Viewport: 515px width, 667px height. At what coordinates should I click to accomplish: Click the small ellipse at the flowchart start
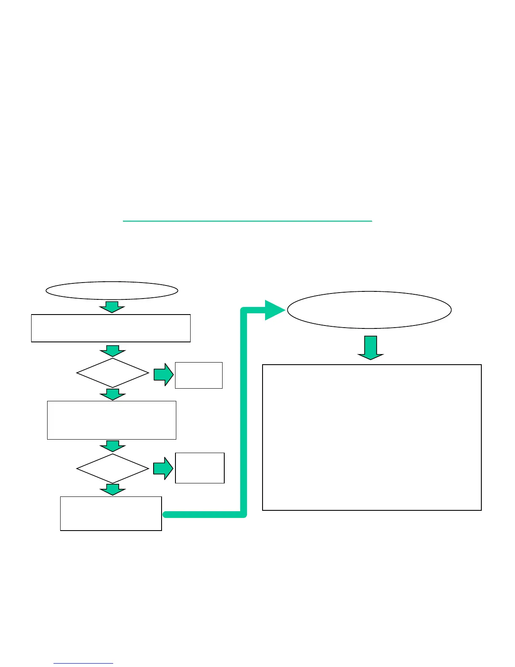[x=112, y=291]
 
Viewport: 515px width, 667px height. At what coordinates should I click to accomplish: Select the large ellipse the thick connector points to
[x=369, y=310]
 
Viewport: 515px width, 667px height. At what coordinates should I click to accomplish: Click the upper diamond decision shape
[x=113, y=373]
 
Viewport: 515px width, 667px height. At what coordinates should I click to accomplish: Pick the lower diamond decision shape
[x=113, y=468]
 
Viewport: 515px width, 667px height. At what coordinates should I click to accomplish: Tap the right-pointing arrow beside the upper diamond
[x=164, y=375]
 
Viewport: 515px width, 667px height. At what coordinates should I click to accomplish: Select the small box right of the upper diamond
[x=199, y=375]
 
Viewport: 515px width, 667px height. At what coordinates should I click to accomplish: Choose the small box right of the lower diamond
[x=200, y=468]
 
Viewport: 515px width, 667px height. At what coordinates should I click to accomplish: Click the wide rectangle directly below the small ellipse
[x=111, y=328]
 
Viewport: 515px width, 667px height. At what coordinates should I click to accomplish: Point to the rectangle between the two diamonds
[x=111, y=420]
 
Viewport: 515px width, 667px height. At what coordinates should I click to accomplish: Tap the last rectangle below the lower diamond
[x=111, y=513]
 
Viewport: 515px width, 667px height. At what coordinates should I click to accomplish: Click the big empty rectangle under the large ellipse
[x=372, y=438]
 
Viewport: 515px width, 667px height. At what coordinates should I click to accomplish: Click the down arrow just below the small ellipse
[x=112, y=307]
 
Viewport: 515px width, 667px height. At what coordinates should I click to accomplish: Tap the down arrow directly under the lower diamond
[x=112, y=489]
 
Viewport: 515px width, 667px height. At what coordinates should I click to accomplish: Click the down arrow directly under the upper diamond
[x=112, y=394]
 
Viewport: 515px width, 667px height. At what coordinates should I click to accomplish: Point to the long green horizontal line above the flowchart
[x=247, y=221]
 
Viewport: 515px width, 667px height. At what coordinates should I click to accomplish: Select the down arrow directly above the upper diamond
[x=112, y=351]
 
